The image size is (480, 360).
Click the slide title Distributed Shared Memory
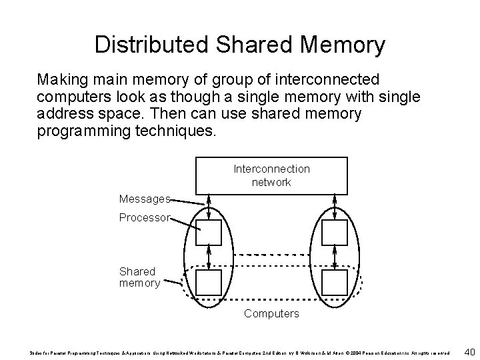239,45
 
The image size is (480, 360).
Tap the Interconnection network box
271,175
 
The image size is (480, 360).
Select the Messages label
145,199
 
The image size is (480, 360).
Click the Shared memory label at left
139,277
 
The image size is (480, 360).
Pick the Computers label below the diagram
271,313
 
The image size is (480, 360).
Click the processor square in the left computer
209,233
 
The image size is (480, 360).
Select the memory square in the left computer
209,283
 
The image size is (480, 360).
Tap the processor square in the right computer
333,233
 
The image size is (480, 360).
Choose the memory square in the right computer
333,283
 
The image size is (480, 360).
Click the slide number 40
468,351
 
